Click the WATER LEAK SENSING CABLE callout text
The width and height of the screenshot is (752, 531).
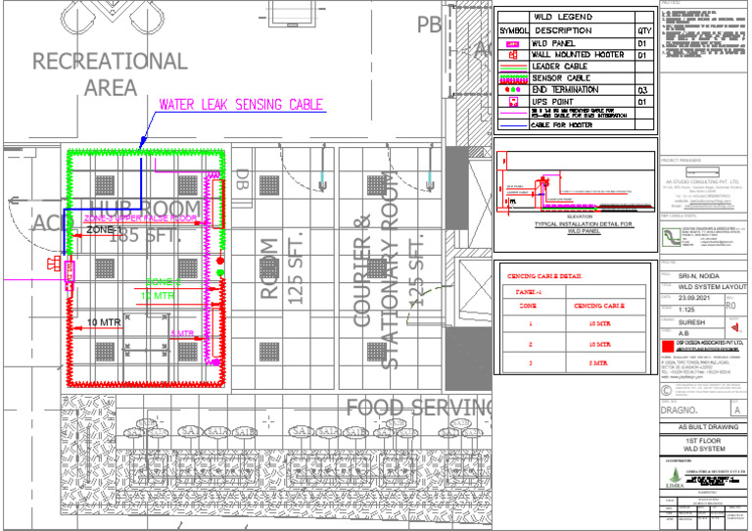pyautogui.click(x=241, y=104)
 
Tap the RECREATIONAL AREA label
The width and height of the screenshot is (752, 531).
pyautogui.click(x=110, y=73)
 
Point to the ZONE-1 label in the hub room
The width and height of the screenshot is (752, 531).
pyautogui.click(x=107, y=228)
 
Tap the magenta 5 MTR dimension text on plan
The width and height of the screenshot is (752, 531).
pyautogui.click(x=182, y=334)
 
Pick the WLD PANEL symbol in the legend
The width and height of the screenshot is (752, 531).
pyautogui.click(x=512, y=44)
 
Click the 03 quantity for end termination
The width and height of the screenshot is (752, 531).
pyautogui.click(x=643, y=89)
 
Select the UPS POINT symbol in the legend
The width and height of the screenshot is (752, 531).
pyautogui.click(x=512, y=101)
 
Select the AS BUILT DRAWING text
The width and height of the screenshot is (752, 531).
pyautogui.click(x=704, y=428)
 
